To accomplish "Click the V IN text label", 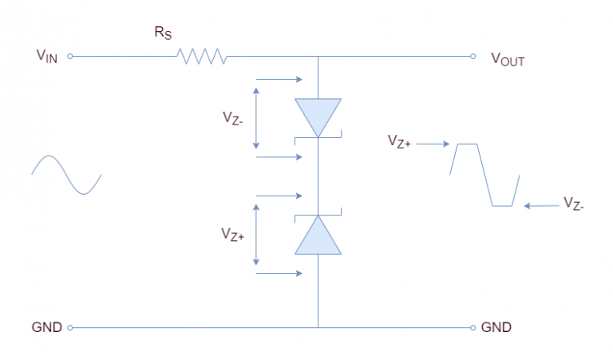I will pos(46,57).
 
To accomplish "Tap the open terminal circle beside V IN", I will pos(70,57).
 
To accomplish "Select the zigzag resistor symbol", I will pos(203,57).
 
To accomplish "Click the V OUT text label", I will pos(507,59).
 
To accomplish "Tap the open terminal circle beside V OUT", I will pos(473,57).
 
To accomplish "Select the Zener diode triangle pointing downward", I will pos(318,117).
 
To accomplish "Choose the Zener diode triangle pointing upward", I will pos(318,235).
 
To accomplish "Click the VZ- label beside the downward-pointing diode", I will pos(235,117).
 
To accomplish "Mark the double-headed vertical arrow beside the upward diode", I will pos(256,235).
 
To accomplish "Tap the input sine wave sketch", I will pos(66,176).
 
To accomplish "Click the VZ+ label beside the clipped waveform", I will pos(400,142).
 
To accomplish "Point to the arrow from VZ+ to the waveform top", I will pos(434,144).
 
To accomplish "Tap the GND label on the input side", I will pos(45,328).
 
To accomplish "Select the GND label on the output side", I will pos(496,328).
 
